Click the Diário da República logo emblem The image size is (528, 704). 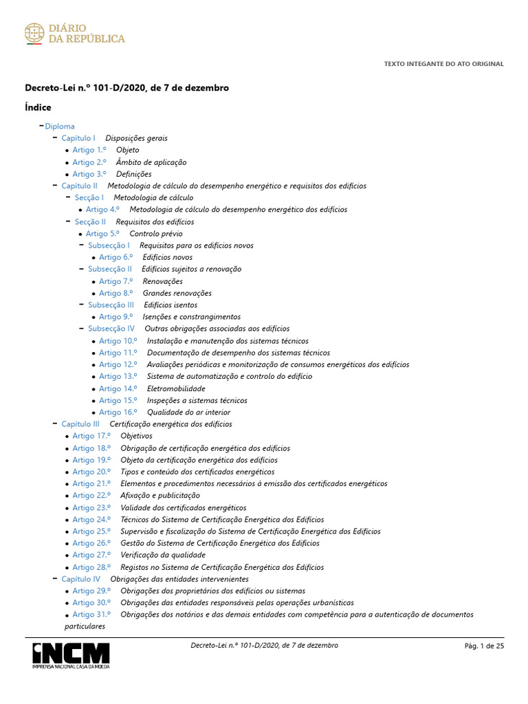34,33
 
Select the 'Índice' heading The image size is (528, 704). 38,107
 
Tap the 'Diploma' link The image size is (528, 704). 60,126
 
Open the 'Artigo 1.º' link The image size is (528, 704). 89,150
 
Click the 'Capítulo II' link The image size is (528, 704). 79,186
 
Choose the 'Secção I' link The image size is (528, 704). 89,198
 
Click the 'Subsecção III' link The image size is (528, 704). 111,305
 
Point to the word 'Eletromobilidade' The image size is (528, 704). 176,388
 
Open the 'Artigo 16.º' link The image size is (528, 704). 118,412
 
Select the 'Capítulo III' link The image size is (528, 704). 80,424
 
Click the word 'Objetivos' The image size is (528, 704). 136,436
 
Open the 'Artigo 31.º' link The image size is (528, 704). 91,615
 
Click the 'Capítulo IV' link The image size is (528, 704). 80,579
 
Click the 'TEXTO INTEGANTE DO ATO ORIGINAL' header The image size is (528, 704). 443,64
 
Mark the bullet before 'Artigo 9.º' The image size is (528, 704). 93,318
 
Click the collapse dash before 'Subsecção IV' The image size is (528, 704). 81,329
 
